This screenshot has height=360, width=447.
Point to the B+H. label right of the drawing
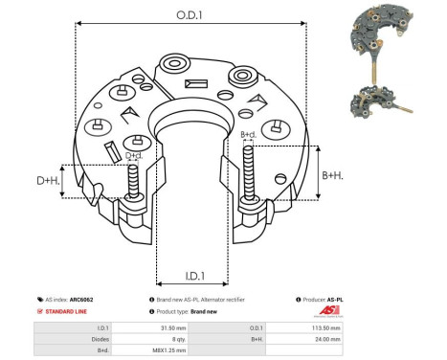[x=334, y=175]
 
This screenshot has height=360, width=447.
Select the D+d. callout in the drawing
[x=135, y=155]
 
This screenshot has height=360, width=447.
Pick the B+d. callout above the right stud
[x=248, y=135]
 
